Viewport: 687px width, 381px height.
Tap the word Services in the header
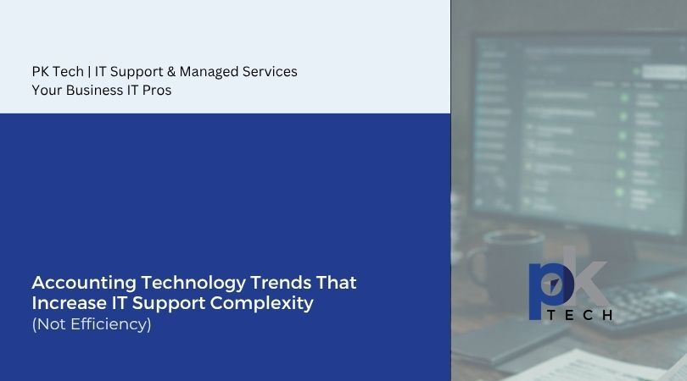coord(269,71)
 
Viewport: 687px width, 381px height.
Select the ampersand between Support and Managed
coord(170,71)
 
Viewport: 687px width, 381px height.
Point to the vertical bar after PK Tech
coord(89,71)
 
